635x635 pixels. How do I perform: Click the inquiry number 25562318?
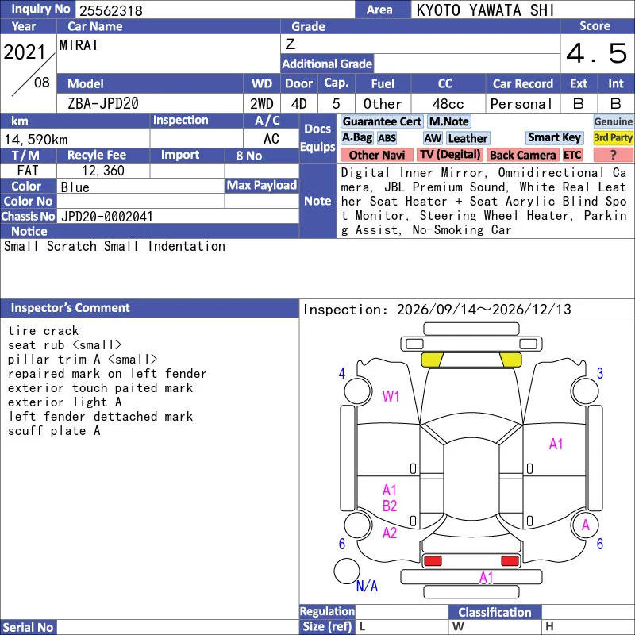click(110, 10)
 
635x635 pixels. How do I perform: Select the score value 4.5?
click(597, 53)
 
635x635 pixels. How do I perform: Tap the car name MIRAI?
click(79, 45)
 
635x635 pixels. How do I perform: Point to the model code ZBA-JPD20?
click(103, 104)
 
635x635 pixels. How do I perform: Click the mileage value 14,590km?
click(36, 140)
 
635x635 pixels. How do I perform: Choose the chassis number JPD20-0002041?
click(107, 217)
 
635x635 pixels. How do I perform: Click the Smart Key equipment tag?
click(554, 137)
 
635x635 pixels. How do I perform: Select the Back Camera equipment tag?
click(523, 155)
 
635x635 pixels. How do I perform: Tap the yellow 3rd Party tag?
click(613, 137)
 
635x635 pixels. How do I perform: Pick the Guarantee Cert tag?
click(382, 121)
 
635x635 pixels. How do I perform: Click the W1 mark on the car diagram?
click(391, 396)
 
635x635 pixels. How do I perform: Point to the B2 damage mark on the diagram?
click(390, 506)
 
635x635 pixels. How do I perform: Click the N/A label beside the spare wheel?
click(367, 586)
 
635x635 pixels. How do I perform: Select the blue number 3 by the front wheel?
click(600, 373)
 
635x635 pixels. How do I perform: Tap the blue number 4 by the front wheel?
click(342, 373)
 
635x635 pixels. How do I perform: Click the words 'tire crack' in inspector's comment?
click(44, 331)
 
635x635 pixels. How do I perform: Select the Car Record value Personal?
click(521, 104)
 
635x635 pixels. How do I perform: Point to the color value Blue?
click(75, 187)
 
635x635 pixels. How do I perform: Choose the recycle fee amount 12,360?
click(103, 171)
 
